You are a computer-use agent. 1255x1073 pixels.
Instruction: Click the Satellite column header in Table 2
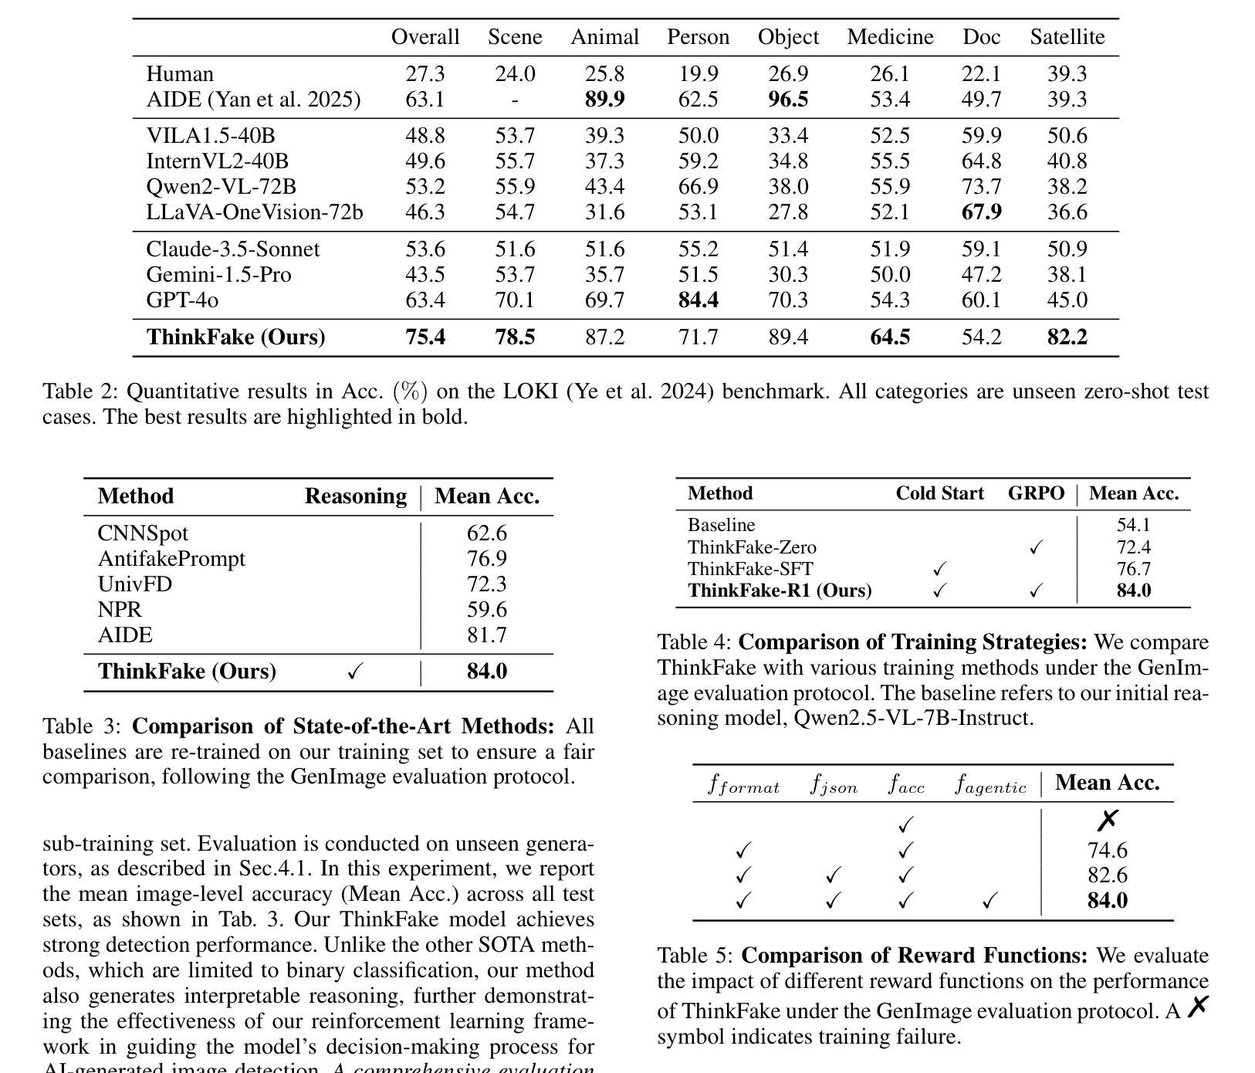pos(1067,37)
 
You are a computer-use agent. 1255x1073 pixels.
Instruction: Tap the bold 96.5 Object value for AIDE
pos(788,100)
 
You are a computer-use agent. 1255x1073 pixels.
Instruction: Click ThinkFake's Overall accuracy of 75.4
pos(425,337)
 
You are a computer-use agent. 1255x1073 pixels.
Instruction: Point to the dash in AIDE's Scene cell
pos(515,100)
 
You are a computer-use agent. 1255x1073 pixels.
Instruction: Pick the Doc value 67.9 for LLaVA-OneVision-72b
pos(981,212)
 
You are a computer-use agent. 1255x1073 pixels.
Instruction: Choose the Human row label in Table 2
pos(180,74)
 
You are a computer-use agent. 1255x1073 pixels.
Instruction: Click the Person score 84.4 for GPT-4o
pos(698,300)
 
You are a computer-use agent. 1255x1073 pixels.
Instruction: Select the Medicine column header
pos(890,37)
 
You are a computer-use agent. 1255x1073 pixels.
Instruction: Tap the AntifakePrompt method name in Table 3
pos(171,559)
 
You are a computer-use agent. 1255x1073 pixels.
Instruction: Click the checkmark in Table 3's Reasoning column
pos(355,672)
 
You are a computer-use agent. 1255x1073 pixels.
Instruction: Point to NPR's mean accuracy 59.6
pos(486,610)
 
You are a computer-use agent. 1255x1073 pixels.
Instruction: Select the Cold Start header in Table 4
pos(939,494)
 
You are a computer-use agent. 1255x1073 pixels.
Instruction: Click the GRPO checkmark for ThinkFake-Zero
pos(1036,547)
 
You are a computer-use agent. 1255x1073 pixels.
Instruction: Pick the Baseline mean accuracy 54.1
pos(1133,526)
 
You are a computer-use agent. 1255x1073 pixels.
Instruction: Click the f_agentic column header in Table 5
pos(990,785)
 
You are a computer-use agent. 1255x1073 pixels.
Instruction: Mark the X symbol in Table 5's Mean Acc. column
pos(1107,820)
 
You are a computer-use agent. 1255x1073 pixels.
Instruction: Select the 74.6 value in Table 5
pos(1107,851)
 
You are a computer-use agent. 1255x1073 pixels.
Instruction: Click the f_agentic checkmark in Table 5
pos(990,901)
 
